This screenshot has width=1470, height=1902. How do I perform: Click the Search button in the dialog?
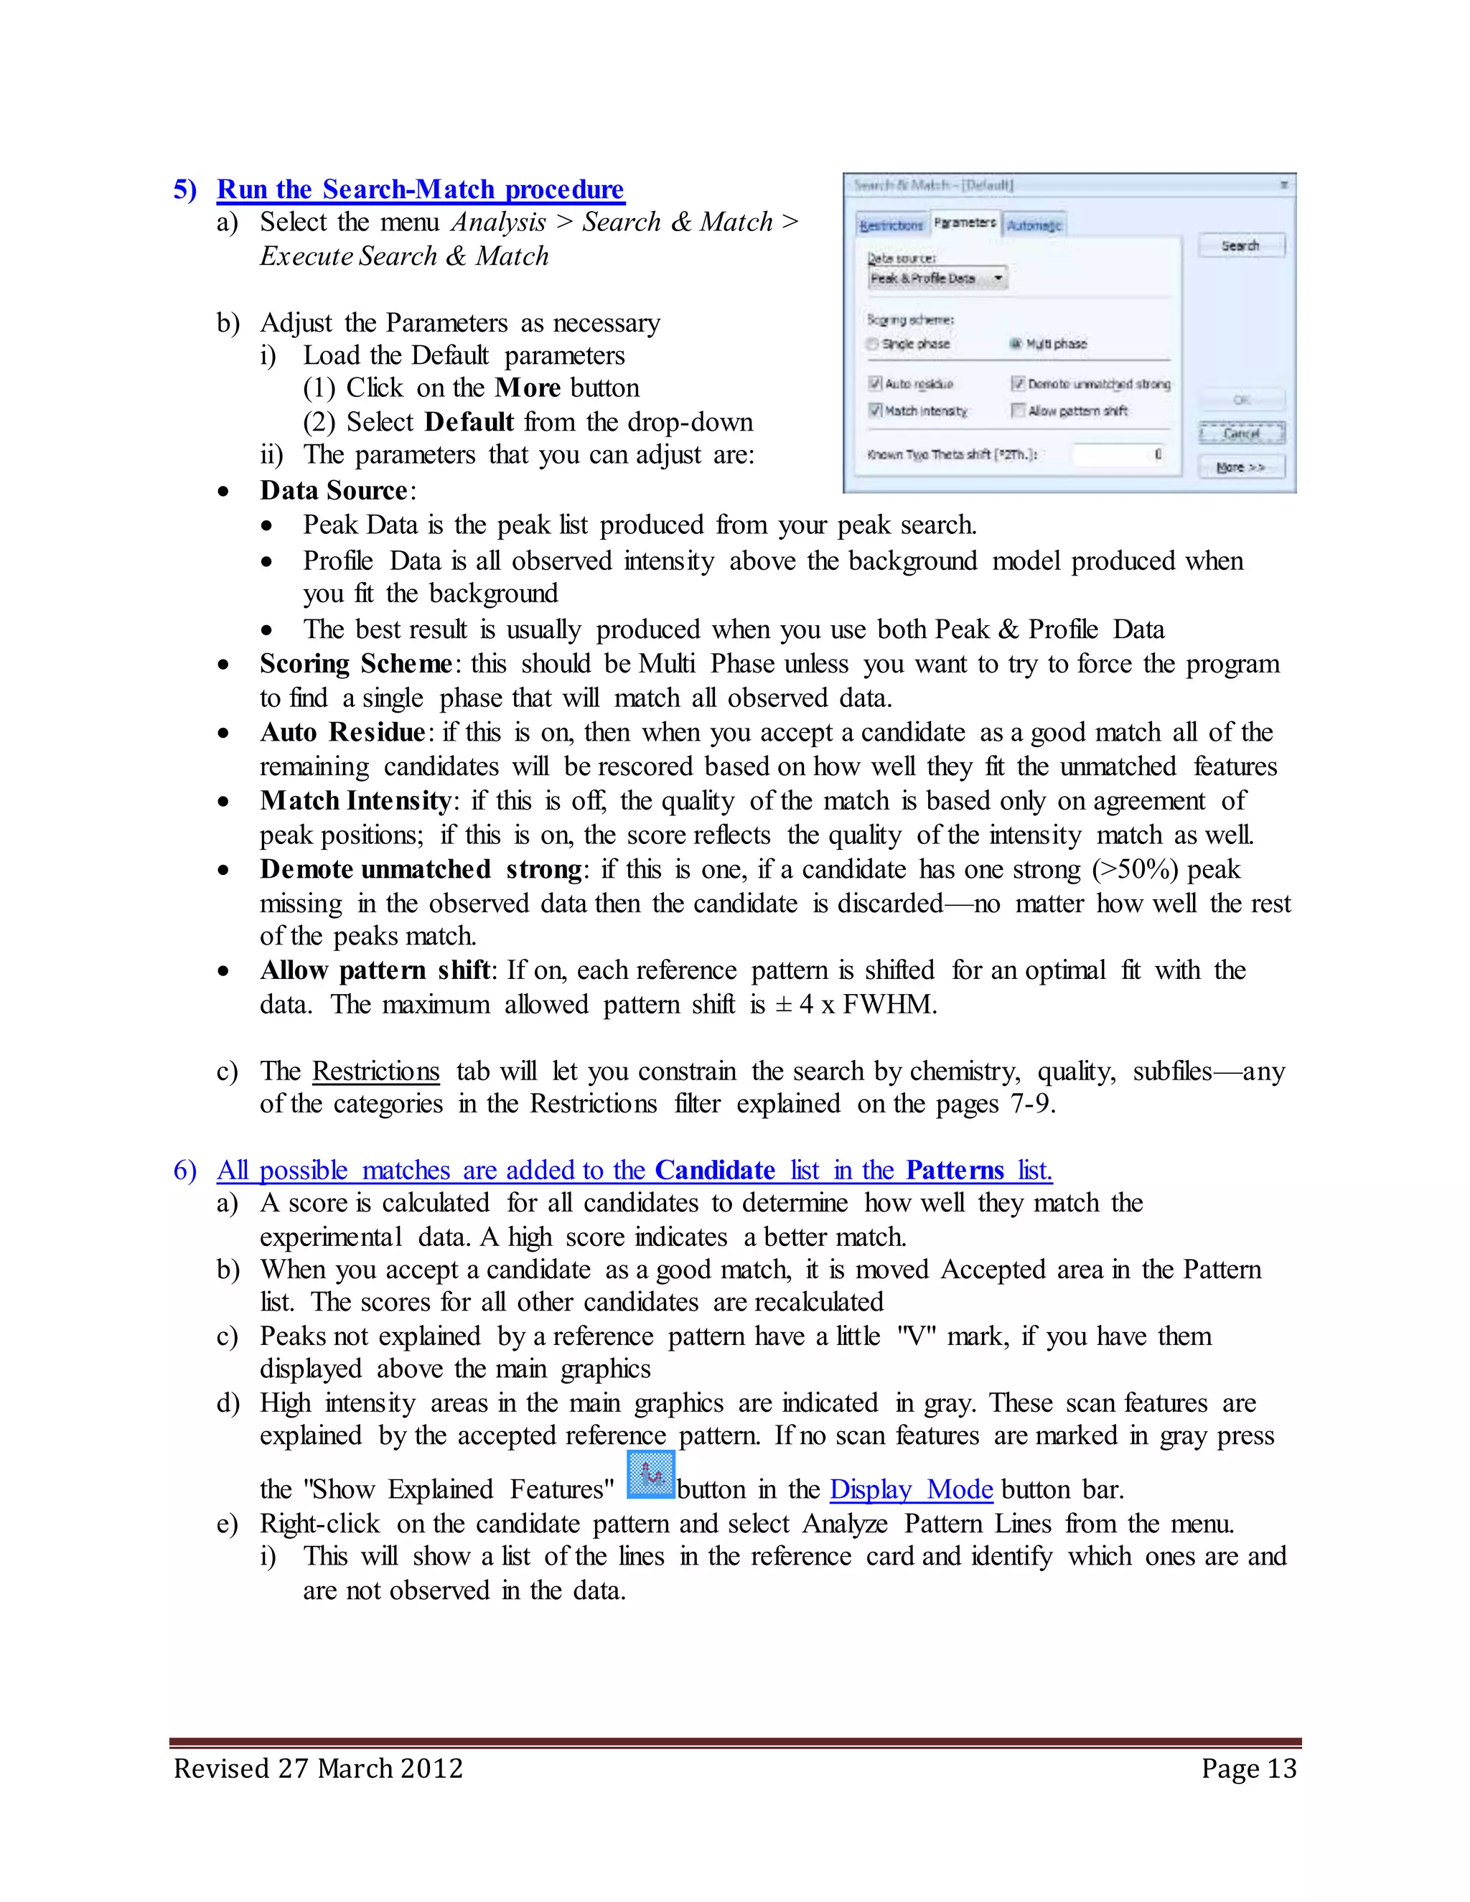[x=1240, y=245]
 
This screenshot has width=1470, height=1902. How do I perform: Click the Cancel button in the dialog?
[x=1241, y=433]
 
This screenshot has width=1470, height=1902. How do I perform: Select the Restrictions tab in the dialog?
[x=891, y=225]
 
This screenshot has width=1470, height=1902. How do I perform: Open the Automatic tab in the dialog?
[x=1034, y=225]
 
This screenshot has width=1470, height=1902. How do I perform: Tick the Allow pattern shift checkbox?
[x=1017, y=410]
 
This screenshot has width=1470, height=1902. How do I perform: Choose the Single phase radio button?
[x=873, y=344]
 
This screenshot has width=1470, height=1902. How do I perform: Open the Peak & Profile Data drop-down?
[x=998, y=278]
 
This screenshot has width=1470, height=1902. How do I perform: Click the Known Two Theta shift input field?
[x=1120, y=454]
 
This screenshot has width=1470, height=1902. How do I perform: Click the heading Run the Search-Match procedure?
[x=420, y=189]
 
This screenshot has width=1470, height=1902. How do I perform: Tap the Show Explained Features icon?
[x=650, y=1474]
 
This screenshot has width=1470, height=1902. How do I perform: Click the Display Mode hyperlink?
[x=911, y=1489]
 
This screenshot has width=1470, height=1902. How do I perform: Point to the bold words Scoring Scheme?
[x=355, y=664]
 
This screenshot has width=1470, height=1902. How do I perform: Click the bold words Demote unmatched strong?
[x=421, y=869]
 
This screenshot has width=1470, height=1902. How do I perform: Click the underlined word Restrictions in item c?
[x=375, y=1070]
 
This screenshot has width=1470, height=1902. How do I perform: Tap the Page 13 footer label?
[x=1248, y=1769]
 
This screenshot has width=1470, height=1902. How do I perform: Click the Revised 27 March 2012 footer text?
[x=318, y=1769]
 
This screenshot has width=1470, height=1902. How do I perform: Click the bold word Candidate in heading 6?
[x=714, y=1170]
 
